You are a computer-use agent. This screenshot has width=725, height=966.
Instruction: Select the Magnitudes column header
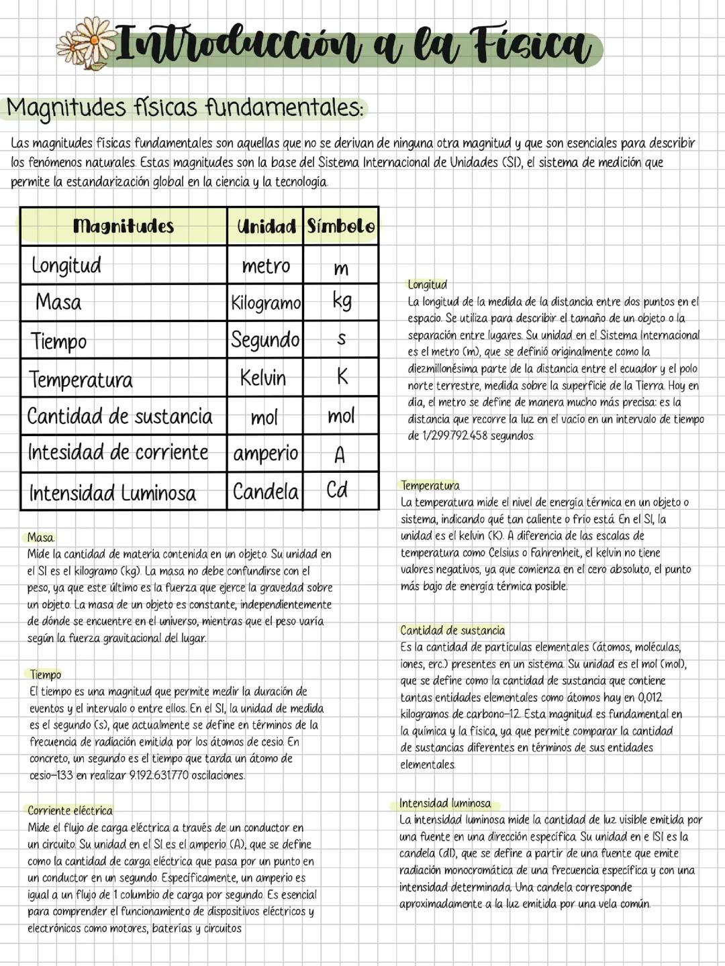coord(123,226)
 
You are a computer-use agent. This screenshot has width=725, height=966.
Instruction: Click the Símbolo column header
coord(341,226)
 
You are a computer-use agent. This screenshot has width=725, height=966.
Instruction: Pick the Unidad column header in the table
coord(266,227)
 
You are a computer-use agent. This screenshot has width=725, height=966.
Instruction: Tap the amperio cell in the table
coord(266,453)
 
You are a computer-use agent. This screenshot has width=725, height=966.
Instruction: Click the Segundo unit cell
coord(265,339)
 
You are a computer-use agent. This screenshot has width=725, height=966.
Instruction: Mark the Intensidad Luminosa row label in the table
coord(113,493)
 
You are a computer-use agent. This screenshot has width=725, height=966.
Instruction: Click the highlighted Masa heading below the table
coord(40,537)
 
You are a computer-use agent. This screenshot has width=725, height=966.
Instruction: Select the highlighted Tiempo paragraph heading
coord(45,674)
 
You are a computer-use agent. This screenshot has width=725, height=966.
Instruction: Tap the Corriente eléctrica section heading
coord(70,810)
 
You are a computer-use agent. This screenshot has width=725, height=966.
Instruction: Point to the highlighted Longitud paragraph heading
coord(427,284)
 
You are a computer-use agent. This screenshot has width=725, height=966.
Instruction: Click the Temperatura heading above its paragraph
coord(430,485)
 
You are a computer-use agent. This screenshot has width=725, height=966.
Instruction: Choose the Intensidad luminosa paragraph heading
coord(444,803)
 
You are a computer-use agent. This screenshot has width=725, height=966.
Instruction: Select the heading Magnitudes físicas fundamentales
coord(185,107)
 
